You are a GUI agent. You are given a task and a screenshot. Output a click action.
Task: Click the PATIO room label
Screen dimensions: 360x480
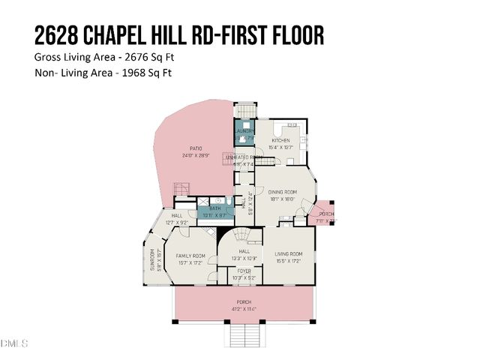(196, 148)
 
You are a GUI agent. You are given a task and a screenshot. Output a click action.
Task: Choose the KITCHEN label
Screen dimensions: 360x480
(280, 140)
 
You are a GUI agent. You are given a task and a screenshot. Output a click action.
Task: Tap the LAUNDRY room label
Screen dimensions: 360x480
(245, 131)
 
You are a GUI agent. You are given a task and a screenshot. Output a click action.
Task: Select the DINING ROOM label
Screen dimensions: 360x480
(284, 192)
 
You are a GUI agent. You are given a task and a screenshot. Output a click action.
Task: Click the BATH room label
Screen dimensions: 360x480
(214, 209)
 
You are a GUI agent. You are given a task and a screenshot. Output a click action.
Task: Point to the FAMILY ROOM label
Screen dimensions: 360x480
(190, 256)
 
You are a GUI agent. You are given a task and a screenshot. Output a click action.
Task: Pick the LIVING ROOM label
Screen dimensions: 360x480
(287, 255)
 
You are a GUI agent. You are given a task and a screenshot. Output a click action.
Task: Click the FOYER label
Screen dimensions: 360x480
(244, 271)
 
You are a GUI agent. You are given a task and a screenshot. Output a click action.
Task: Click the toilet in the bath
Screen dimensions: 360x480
(226, 202)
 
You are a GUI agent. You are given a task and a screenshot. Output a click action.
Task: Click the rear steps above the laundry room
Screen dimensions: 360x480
(244, 112)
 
